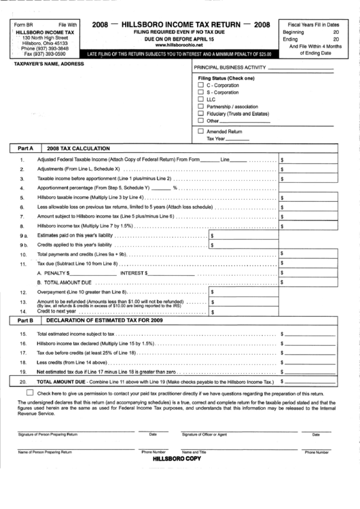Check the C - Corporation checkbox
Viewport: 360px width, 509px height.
pyautogui.click(x=200, y=85)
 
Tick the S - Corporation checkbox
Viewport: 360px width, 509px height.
pyautogui.click(x=200, y=92)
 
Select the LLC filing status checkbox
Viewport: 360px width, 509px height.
pyautogui.click(x=200, y=99)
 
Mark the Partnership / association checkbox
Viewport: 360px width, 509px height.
pyautogui.click(x=200, y=107)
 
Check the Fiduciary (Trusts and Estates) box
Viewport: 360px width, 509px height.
pyautogui.click(x=200, y=113)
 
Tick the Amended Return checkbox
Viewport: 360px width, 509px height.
pyautogui.click(x=200, y=130)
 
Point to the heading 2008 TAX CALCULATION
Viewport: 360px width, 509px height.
pyautogui.click(x=75, y=147)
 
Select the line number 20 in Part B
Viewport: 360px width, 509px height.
pyautogui.click(x=23, y=383)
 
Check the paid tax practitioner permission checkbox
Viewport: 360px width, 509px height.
pyautogui.click(x=30, y=393)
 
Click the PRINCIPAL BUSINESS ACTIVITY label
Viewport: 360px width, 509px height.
pyautogui.click(x=230, y=68)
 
